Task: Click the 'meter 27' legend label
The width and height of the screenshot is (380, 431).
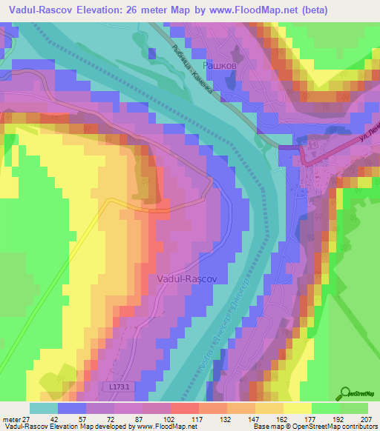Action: pyautogui.click(x=16, y=418)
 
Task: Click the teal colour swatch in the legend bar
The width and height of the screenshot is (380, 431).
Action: pyautogui.click(x=44, y=408)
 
